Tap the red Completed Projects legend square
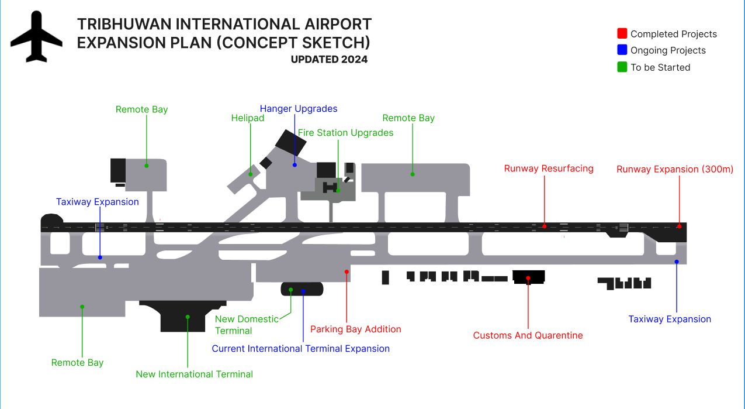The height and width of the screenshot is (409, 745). point(622,33)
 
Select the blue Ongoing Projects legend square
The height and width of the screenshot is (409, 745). point(622,50)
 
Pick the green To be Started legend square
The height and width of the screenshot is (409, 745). point(622,67)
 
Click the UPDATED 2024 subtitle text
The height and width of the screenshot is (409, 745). point(329,59)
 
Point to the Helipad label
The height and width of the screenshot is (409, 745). point(248,118)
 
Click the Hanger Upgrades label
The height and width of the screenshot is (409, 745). point(299,109)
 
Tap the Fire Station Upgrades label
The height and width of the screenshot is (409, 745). point(345,133)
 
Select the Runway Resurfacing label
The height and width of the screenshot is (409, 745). point(549,169)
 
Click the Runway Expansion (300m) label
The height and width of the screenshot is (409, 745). point(675,169)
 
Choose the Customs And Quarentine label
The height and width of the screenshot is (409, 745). point(528,335)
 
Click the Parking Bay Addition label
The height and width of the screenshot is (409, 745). point(355,329)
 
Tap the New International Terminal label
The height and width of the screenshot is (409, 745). point(194,374)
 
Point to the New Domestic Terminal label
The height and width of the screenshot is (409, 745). point(247,325)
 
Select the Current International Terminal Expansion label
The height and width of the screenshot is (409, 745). point(300,349)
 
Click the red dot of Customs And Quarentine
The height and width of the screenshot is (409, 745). point(528,278)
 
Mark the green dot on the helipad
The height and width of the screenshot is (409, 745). point(251,173)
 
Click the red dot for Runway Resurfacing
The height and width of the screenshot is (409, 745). point(544,226)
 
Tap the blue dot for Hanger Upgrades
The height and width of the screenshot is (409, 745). point(295,165)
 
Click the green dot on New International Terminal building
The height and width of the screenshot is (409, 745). point(188,317)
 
